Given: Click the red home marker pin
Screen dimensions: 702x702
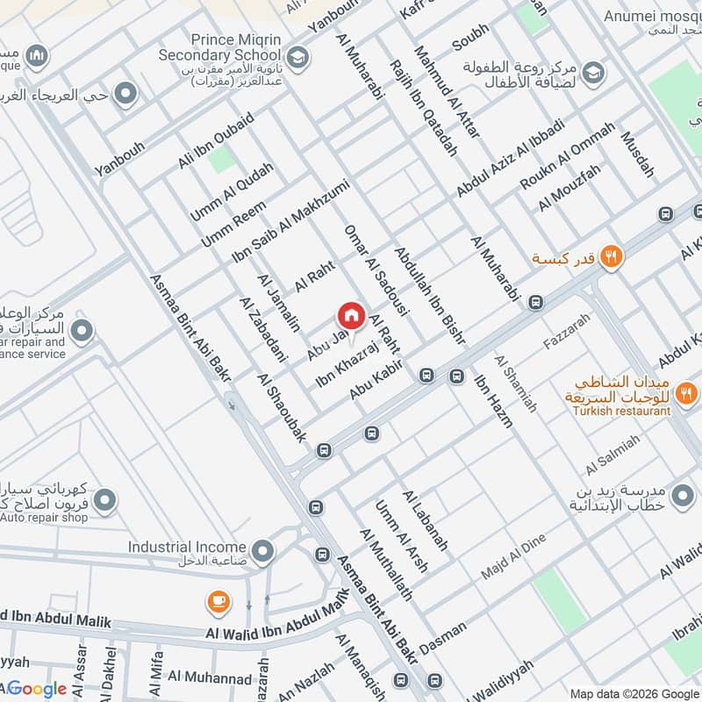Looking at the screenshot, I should (x=351, y=315).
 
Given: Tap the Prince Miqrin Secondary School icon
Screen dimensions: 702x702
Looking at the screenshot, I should (x=299, y=58).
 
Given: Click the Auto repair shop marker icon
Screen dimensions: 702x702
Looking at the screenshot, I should (x=104, y=501).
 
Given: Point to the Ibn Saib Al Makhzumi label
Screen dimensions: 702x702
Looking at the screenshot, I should (x=290, y=220).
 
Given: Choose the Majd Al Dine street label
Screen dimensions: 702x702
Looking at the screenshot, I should (x=513, y=556).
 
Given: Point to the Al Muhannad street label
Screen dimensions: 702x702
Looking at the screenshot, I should (x=210, y=677).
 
